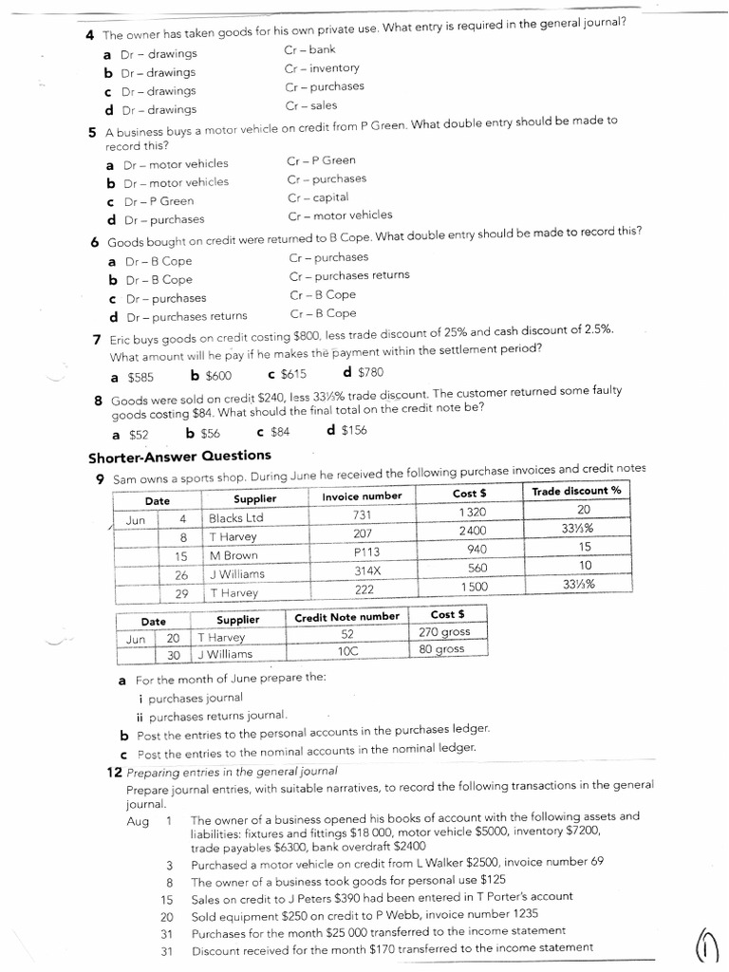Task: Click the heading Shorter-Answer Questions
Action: click(179, 457)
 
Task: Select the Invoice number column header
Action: click(362, 496)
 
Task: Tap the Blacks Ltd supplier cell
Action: click(236, 518)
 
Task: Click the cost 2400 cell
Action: click(472, 531)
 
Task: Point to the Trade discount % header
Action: click(576, 491)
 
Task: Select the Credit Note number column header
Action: click(346, 617)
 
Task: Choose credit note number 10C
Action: click(346, 652)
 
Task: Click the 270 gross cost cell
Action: click(442, 632)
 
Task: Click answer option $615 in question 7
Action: click(287, 375)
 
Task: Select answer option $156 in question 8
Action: click(346, 430)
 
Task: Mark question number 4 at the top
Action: click(88, 35)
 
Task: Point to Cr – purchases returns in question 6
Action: click(349, 275)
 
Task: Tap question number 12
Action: click(113, 772)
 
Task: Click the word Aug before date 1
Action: click(138, 821)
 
